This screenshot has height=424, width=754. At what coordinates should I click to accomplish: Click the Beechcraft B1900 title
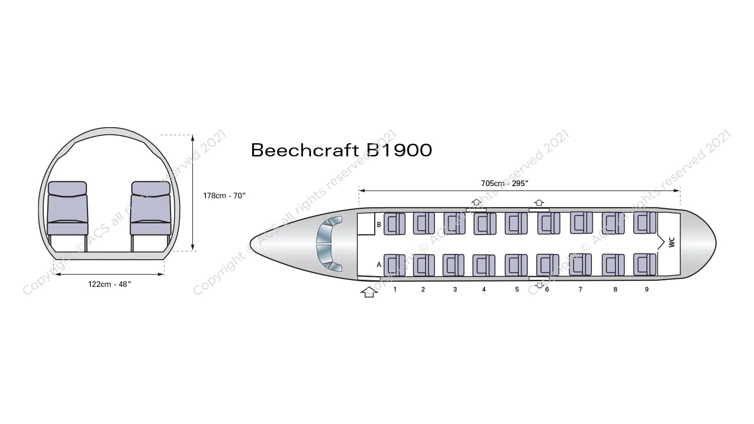341,150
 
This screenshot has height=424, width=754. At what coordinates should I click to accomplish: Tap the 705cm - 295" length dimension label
505,183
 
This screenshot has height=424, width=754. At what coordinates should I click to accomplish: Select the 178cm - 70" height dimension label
224,196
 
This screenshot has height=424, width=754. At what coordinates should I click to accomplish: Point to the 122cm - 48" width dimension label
109,285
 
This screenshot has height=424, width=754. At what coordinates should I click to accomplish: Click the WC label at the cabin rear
672,242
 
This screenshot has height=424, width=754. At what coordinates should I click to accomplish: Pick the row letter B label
379,224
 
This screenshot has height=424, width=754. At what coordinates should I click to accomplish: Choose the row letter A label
379,265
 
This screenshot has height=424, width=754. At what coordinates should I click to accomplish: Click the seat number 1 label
395,289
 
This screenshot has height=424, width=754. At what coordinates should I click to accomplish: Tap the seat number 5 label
517,289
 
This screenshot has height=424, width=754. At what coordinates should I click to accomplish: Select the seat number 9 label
647,289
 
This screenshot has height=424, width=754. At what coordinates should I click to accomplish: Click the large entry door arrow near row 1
369,292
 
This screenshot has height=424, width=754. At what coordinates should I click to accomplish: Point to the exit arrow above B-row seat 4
476,202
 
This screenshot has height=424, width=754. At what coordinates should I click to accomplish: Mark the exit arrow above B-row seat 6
539,203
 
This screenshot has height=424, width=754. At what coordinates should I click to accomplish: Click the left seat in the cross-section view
67,208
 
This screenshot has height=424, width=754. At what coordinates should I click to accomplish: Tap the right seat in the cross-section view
151,208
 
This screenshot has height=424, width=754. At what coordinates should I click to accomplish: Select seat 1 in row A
394,265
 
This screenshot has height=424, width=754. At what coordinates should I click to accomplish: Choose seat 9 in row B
645,222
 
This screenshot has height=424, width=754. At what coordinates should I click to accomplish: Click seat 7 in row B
582,222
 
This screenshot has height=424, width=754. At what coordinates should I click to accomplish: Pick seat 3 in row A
453,265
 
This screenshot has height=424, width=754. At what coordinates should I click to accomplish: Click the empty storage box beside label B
366,224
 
